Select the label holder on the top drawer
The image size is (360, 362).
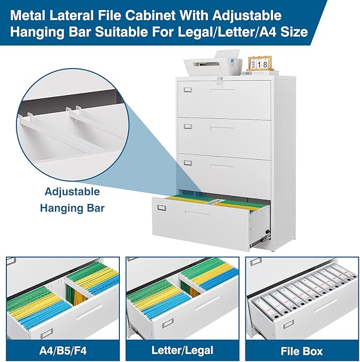click(189, 90)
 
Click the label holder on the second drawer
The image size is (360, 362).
click(189, 126)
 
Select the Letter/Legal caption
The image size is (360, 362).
click(182, 350)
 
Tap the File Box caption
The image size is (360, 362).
click(301, 350)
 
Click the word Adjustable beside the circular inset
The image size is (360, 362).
click(72, 192)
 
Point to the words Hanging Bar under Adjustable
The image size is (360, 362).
click(72, 208)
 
